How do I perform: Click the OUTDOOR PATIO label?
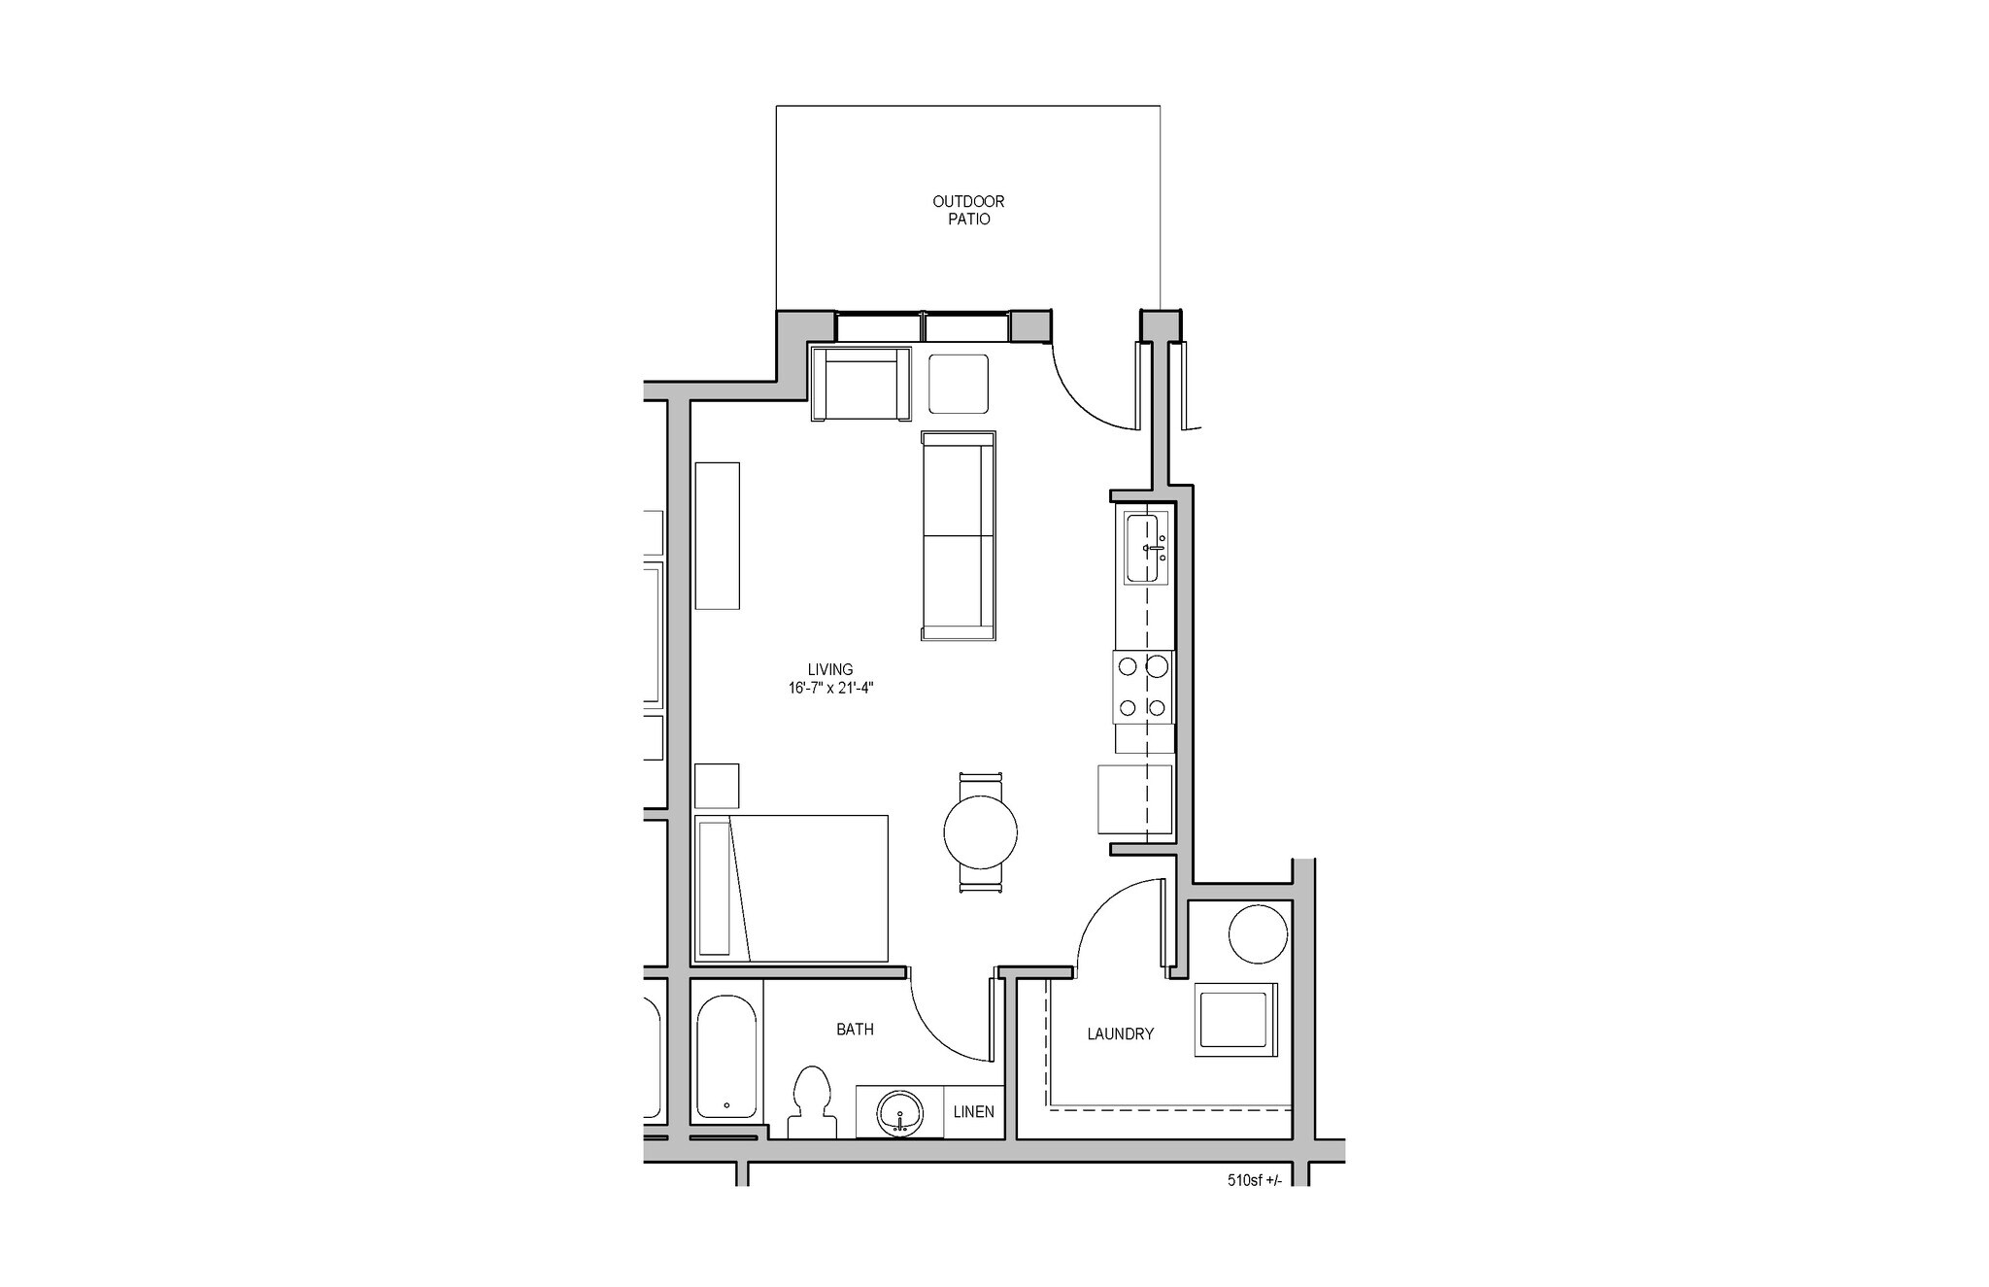click(x=968, y=210)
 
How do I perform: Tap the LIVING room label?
click(x=829, y=669)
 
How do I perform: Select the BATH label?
click(x=855, y=1029)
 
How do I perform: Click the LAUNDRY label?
click(x=1120, y=1034)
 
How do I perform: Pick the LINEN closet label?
click(x=973, y=1111)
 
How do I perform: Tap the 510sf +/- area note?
click(x=1254, y=1181)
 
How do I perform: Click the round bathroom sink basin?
click(x=900, y=1113)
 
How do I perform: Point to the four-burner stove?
click(x=1143, y=687)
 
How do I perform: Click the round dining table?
click(x=981, y=832)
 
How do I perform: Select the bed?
click(x=792, y=888)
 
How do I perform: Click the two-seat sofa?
click(x=959, y=535)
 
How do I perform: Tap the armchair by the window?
click(x=861, y=384)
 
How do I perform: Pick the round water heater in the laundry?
click(x=1258, y=933)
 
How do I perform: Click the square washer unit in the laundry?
click(x=1235, y=1019)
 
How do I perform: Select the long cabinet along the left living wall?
click(x=718, y=535)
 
